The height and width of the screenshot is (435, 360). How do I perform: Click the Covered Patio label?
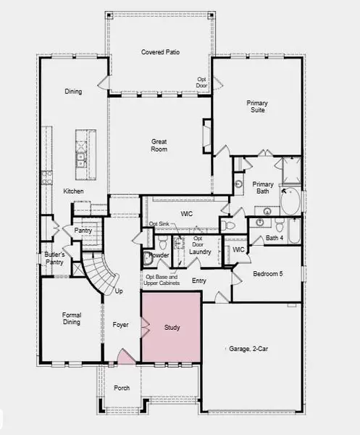(x=160, y=52)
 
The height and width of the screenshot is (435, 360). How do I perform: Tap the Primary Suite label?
(x=257, y=107)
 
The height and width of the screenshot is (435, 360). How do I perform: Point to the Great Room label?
(x=159, y=145)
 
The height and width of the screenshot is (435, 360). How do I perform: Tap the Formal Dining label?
(x=71, y=319)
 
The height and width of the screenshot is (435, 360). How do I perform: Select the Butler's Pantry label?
(x=54, y=259)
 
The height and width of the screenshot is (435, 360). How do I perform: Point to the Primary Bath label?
(x=263, y=188)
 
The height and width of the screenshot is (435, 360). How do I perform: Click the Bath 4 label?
(x=274, y=238)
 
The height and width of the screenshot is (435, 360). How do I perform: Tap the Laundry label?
(x=201, y=252)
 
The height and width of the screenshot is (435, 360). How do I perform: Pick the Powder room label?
(x=159, y=256)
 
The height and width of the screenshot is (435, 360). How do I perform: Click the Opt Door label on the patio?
(x=202, y=82)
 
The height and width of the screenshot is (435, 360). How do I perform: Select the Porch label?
(x=122, y=388)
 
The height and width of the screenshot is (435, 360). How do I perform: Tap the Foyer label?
(x=120, y=325)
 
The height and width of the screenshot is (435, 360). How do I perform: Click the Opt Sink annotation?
(x=159, y=224)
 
